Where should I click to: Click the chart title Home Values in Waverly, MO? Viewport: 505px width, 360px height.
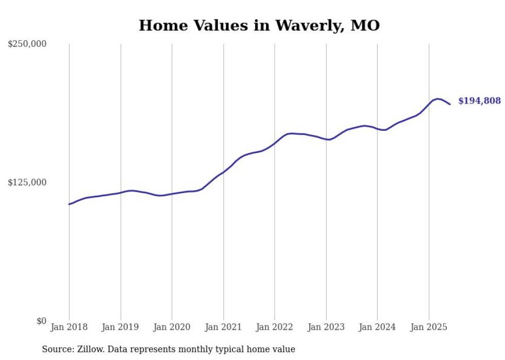click(x=259, y=25)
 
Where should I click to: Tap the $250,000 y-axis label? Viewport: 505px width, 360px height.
click(x=27, y=44)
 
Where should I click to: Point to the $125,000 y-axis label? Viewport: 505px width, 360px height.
click(x=27, y=182)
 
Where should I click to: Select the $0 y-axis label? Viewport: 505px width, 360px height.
click(x=41, y=321)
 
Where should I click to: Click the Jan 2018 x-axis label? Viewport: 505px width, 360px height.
click(x=69, y=327)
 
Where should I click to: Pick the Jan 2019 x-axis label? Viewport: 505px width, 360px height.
click(x=121, y=327)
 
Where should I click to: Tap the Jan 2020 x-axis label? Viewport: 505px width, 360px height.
click(x=172, y=327)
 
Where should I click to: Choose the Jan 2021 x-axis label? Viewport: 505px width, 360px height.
click(x=223, y=327)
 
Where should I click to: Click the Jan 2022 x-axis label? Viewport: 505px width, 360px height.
click(x=275, y=327)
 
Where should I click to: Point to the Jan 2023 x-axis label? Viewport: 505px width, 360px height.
click(x=326, y=327)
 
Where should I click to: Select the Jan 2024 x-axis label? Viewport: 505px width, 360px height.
click(x=377, y=327)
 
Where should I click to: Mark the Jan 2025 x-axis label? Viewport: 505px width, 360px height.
click(x=429, y=327)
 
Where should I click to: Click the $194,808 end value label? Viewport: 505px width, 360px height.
click(x=479, y=101)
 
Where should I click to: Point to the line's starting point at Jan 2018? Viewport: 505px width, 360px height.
click(x=69, y=204)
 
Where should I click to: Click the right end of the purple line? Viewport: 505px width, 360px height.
click(x=450, y=105)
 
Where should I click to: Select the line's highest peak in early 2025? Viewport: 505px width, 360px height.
click(x=437, y=98)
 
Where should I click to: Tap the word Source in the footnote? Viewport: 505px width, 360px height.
click(x=56, y=349)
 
